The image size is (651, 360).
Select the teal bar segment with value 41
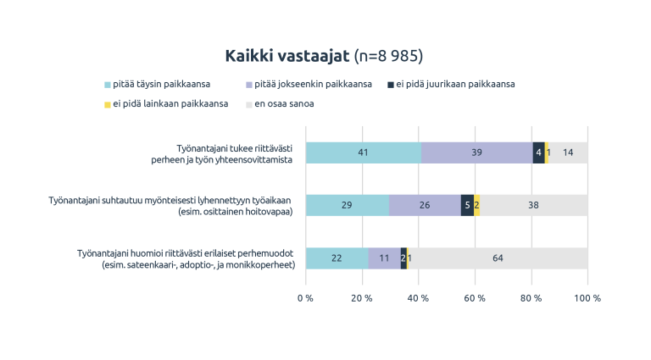point(364,153)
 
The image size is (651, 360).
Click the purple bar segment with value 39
point(476,153)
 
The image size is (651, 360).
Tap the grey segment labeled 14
point(568,153)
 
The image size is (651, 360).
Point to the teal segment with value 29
point(347,206)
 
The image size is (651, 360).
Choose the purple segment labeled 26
point(425,206)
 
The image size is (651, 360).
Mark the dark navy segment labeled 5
point(467,206)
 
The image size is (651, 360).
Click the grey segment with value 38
point(533,206)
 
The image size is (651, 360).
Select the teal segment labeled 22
point(337,258)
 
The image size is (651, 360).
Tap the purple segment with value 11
point(384,258)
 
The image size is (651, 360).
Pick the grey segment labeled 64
point(498,258)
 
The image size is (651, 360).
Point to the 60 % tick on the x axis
point(475,299)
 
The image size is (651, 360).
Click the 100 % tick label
point(587,299)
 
